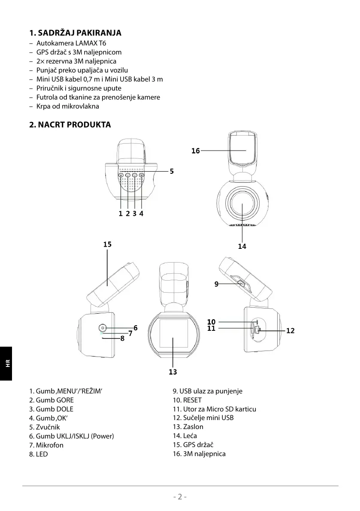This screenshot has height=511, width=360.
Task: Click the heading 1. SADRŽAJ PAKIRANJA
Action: pyautogui.click(x=75, y=33)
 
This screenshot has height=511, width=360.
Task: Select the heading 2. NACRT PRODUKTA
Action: pyautogui.click(x=70, y=125)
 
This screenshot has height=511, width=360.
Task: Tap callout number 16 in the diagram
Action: pyautogui.click(x=196, y=151)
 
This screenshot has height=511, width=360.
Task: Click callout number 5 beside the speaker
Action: pyautogui.click(x=172, y=171)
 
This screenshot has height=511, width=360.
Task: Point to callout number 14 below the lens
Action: pyautogui.click(x=242, y=246)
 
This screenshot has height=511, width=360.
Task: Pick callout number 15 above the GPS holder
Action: pyautogui.click(x=107, y=245)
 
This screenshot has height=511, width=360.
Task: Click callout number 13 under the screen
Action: pyautogui.click(x=173, y=372)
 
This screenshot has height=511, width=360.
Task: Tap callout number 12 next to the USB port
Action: pyautogui.click(x=290, y=331)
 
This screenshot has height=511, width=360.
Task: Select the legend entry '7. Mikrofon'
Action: pyautogui.click(x=46, y=445)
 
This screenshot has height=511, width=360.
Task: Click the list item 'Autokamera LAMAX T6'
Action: pyautogui.click(x=71, y=43)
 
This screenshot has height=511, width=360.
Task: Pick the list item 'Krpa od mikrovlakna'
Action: pyautogui.click(x=68, y=106)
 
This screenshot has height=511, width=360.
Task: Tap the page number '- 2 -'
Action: pyautogui.click(x=180, y=497)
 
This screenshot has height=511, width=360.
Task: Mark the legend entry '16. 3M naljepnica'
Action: pyautogui.click(x=199, y=454)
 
